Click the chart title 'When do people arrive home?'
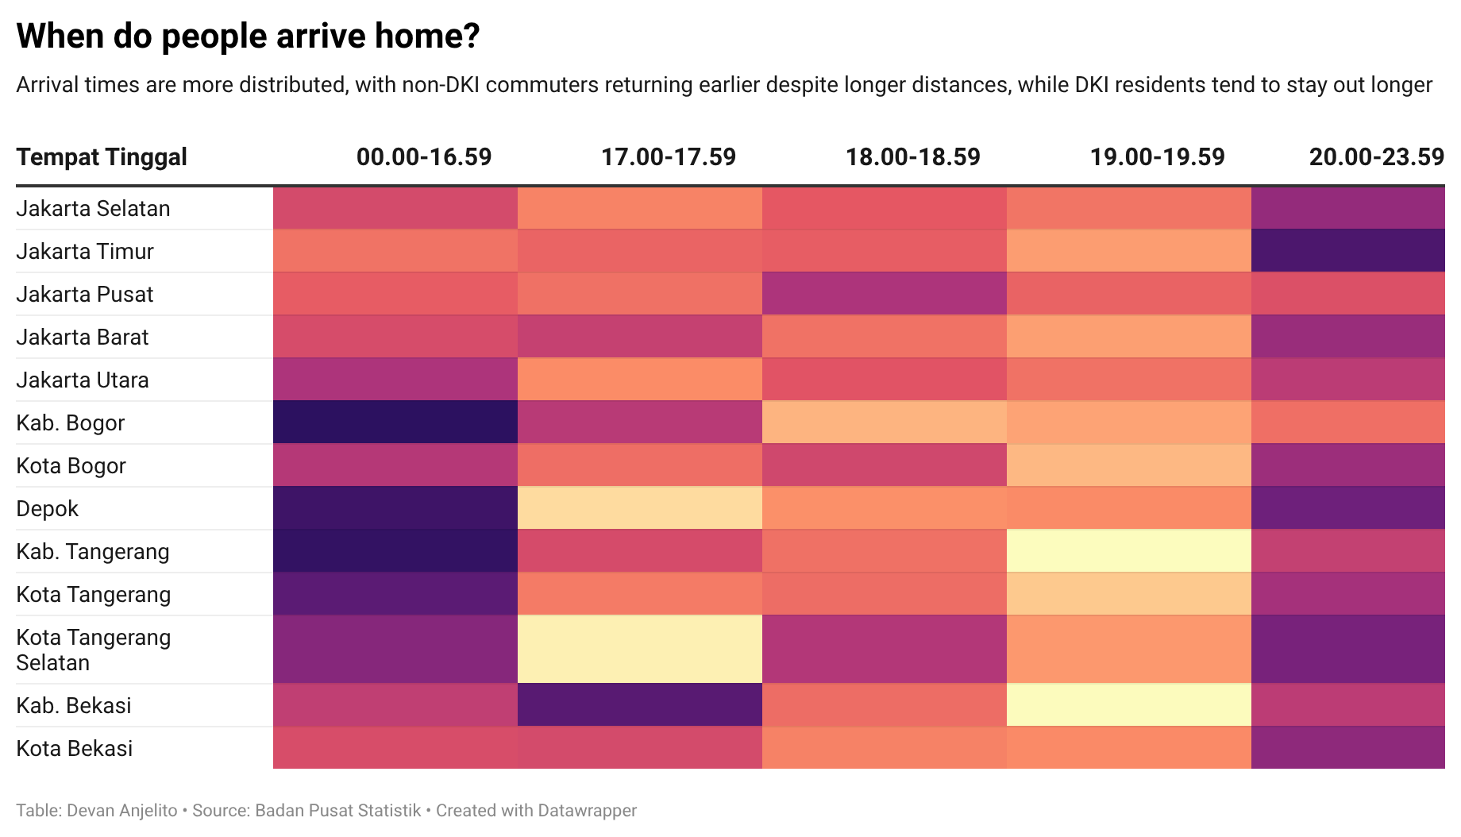point(248,37)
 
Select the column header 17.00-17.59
point(668,157)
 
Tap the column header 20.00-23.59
point(1376,157)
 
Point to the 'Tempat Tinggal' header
point(102,157)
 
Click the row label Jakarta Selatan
point(93,209)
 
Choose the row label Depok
point(48,509)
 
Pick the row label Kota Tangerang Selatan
point(93,650)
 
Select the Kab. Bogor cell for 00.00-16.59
point(395,422)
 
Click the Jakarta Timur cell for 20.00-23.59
point(1347,251)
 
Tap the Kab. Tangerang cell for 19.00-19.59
point(1128,551)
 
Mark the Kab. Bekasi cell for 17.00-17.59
point(639,705)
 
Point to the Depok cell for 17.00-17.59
point(639,508)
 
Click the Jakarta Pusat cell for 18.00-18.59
point(884,294)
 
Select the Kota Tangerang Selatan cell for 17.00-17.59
point(639,650)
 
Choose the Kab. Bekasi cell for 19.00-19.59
point(1128,705)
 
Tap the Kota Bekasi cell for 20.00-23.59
point(1347,748)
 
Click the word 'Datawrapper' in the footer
point(587,811)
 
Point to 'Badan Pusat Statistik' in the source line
point(338,811)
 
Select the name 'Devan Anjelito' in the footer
point(122,811)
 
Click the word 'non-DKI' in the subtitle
point(441,85)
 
